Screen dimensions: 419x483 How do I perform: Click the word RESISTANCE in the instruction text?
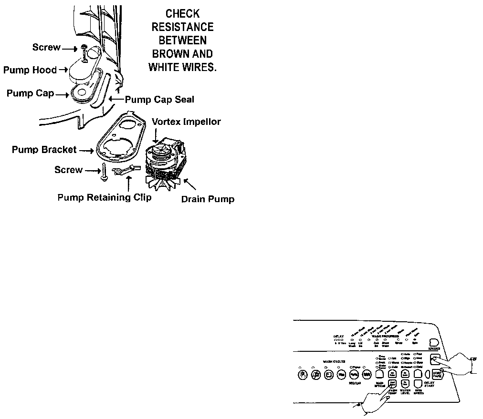[x=183, y=27]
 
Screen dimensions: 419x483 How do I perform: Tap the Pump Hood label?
[x=30, y=70]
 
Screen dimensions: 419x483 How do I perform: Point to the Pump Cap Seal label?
[x=159, y=100]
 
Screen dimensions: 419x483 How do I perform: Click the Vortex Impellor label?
[x=186, y=122]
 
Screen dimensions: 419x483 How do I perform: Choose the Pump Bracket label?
[x=44, y=150]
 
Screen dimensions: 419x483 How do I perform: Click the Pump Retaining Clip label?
[x=105, y=197]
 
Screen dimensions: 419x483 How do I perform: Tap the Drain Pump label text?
[x=208, y=199]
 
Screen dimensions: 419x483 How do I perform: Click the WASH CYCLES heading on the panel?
[x=334, y=362]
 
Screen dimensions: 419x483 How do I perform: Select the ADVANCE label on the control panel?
[x=434, y=349]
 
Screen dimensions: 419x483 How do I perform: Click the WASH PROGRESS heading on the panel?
[x=378, y=337]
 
